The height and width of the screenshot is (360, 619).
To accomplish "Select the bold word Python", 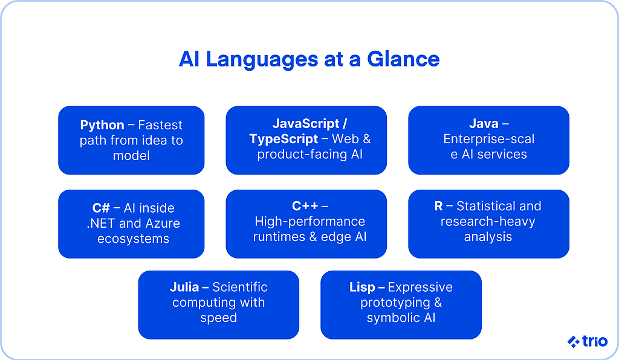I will pyautogui.click(x=102, y=125).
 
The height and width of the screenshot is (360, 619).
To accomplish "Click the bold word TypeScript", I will pyautogui.click(x=284, y=139).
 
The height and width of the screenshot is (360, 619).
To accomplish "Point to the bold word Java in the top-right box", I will pyautogui.click(x=484, y=124).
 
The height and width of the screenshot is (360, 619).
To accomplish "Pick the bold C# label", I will pyautogui.click(x=101, y=208).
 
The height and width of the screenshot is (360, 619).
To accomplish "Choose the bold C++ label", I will pyautogui.click(x=305, y=207).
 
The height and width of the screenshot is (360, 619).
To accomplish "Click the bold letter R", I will pyautogui.click(x=439, y=206).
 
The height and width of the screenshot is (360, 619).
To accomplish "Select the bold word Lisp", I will pyautogui.click(x=362, y=287).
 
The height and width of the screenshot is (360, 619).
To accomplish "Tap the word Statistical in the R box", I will pyautogui.click(x=499, y=206).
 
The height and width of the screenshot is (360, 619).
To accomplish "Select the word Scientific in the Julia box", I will pyautogui.click(x=239, y=287).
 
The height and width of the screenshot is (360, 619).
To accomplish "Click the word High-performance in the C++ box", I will pyautogui.click(x=309, y=222).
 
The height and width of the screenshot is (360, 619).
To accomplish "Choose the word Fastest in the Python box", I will pyautogui.click(x=160, y=125).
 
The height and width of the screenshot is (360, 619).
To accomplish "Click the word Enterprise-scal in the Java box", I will pyautogui.click(x=488, y=139).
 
